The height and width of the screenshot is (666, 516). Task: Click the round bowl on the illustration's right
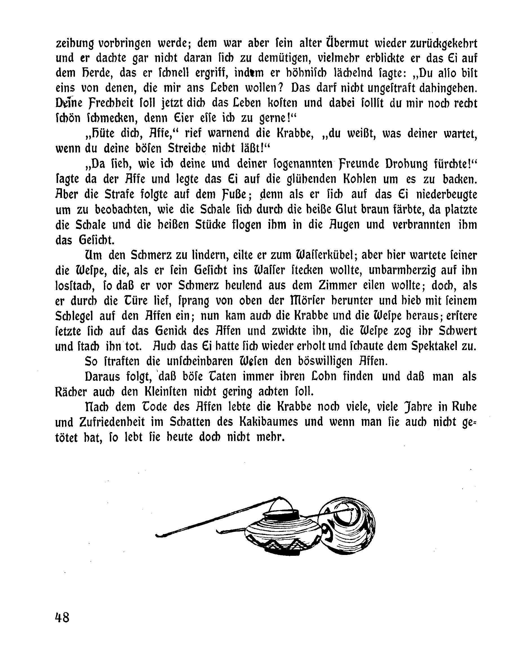(350, 525)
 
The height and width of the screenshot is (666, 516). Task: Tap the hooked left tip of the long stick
(159, 535)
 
